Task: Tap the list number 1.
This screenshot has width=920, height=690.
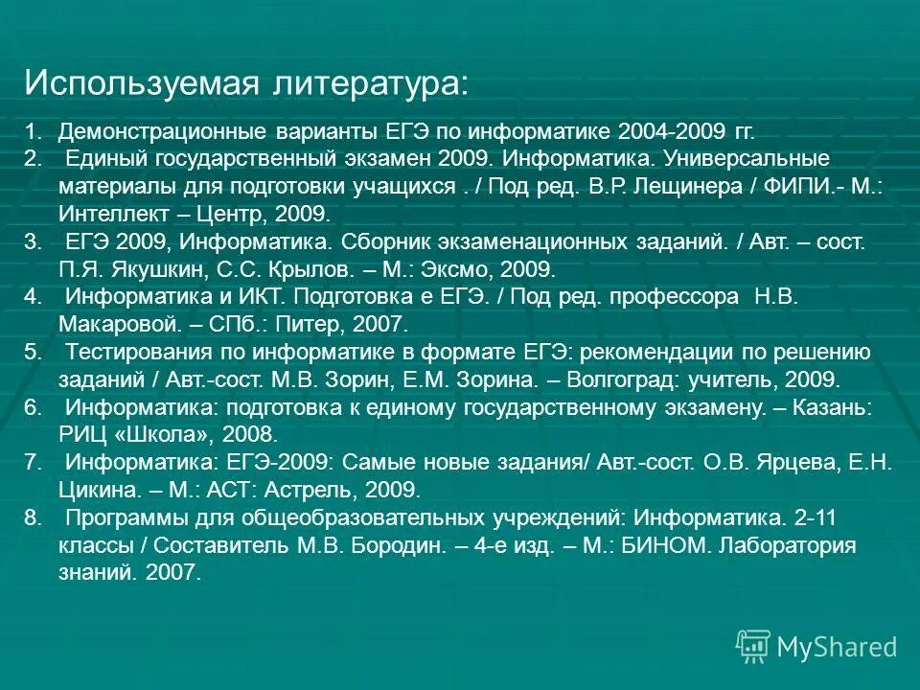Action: pyautogui.click(x=32, y=130)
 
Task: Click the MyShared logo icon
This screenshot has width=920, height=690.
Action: pyautogui.click(x=753, y=647)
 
